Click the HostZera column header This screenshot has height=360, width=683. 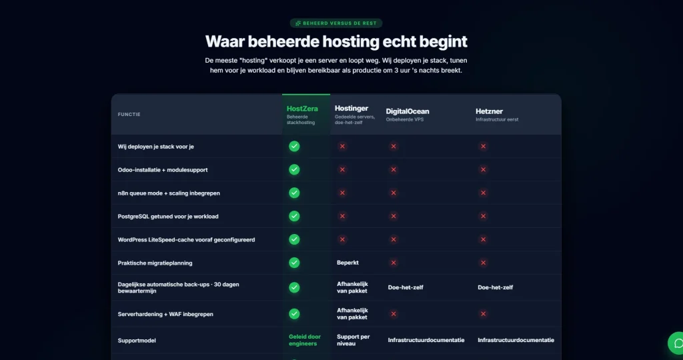pos(302,109)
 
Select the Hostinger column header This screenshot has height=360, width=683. pos(352,109)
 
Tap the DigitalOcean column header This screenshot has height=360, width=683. pos(408,111)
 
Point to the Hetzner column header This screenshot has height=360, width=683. pos(489,111)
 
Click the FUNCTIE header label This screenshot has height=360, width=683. pos(129,115)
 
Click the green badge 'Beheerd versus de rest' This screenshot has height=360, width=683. pos(336,23)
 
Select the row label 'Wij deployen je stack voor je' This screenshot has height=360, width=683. pos(156,147)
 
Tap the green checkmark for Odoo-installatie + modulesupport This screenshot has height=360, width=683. pos(294,169)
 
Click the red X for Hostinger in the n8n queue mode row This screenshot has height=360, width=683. pos(342,193)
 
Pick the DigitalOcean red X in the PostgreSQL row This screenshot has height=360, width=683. pos(394,216)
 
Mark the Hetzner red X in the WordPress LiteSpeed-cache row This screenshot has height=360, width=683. pos(483,239)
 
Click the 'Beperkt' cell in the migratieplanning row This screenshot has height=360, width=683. pos(348,263)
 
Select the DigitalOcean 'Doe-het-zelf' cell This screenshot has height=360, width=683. pos(406,287)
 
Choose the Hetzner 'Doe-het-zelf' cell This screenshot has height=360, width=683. pos(496,287)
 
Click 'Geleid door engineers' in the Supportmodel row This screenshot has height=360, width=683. pos(304,340)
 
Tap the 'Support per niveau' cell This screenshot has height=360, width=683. pos(354,340)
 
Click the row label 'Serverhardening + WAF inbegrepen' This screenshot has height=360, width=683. pos(165,314)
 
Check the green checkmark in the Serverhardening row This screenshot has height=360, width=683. pos(294,314)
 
